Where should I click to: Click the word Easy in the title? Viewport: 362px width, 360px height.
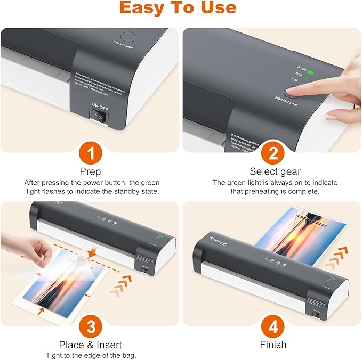click(x=142, y=8)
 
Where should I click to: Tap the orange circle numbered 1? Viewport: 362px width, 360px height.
click(x=90, y=154)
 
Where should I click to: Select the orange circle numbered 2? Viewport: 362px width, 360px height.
click(x=272, y=154)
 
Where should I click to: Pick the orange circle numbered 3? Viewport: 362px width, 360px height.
click(x=90, y=326)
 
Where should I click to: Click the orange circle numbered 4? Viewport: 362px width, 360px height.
click(x=272, y=326)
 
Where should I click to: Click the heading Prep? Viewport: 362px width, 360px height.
click(x=90, y=171)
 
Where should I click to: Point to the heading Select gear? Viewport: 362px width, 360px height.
click(x=275, y=171)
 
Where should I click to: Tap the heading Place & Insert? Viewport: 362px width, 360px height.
click(x=90, y=345)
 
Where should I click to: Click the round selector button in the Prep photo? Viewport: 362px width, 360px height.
click(x=128, y=38)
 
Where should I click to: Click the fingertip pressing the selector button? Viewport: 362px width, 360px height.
click(x=295, y=90)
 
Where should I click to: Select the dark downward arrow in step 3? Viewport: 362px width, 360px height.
click(x=93, y=250)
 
